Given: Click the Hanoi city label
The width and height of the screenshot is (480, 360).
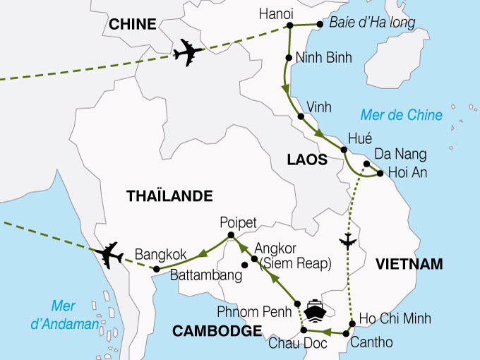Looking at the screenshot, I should [277, 14].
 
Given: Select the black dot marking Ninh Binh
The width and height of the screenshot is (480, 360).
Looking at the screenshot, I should [289, 58].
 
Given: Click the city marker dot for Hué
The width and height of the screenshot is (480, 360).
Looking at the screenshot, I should [344, 150].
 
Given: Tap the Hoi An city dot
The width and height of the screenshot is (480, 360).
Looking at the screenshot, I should [380, 173].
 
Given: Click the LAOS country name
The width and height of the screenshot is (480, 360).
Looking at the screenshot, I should [307, 160].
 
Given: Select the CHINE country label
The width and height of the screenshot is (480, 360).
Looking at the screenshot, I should [132, 24].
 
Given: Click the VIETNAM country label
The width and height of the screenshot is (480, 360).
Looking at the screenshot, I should [409, 264].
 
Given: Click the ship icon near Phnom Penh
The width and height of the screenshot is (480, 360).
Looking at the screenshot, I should [313, 309].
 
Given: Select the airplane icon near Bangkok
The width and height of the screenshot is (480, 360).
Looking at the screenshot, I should [109, 255].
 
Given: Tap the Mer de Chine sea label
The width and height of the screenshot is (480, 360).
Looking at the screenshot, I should [401, 115].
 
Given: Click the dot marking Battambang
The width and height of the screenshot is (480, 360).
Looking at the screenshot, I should [244, 265].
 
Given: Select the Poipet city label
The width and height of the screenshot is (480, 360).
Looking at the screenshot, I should [238, 220].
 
